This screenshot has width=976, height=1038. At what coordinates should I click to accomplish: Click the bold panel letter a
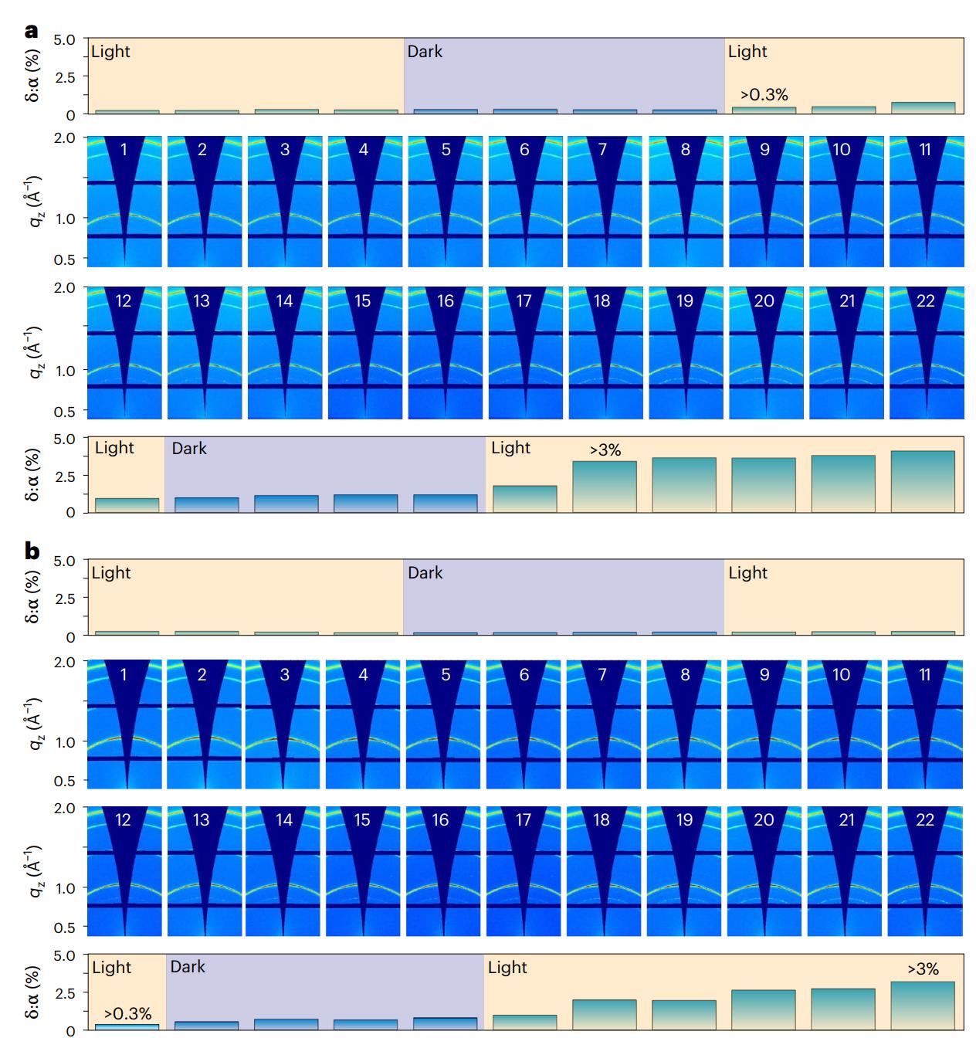tap(31, 31)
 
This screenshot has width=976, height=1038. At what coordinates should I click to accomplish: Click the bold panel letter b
tap(32, 551)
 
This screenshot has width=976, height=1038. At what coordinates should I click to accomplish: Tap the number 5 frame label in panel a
tap(446, 150)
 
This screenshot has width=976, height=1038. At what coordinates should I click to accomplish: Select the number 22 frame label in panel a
tap(925, 300)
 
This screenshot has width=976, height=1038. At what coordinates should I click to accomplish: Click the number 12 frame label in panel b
tap(124, 819)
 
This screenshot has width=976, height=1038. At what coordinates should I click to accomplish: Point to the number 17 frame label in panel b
tap(524, 819)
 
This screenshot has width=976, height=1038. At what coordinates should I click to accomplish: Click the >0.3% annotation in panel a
tap(764, 95)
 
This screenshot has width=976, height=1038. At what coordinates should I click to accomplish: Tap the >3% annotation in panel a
tap(605, 449)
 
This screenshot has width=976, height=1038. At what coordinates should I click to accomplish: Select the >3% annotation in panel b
tap(923, 968)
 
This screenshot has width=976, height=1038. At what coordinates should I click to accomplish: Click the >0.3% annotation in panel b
tap(127, 1013)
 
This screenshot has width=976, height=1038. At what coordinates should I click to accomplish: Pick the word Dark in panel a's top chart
tap(425, 52)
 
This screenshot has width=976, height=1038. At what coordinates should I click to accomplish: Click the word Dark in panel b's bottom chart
tap(188, 967)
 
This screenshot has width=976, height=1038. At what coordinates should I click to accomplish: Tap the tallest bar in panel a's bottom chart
tap(923, 480)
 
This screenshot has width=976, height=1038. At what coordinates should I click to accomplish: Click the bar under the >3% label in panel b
tap(923, 1005)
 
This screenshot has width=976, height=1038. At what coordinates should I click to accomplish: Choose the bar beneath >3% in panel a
tap(605, 486)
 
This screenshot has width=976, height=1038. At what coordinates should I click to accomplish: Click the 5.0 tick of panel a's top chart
tap(66, 39)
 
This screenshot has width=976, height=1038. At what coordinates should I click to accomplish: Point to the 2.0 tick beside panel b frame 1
tap(66, 661)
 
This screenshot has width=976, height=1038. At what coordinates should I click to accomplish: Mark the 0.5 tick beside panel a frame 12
tap(66, 411)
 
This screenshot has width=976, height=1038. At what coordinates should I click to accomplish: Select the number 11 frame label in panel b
tap(925, 674)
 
